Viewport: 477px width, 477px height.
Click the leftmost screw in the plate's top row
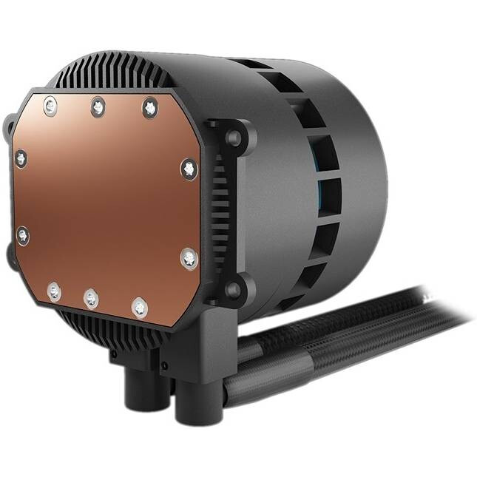(50, 106)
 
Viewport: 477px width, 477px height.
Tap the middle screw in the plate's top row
(98, 107)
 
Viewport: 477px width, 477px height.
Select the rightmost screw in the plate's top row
(149, 107)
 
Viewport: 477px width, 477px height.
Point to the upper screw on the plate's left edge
(21, 158)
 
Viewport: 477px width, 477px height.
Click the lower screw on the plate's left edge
(24, 236)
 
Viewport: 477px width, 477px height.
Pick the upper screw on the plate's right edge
(189, 169)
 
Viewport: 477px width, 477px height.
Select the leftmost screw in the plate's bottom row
(54, 291)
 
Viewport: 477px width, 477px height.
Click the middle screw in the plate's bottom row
(91, 298)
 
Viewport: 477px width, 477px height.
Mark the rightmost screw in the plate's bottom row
(139, 305)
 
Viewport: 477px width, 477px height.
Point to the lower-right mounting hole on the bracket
(234, 289)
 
